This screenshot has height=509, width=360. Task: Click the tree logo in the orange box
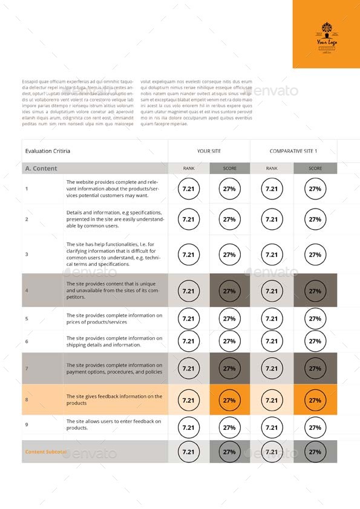pyautogui.click(x=326, y=28)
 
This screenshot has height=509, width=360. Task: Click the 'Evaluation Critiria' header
pyautogui.click(x=48, y=151)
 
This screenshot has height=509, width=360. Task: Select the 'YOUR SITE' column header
pyautogui.click(x=209, y=151)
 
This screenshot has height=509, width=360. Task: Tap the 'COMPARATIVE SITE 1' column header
pyautogui.click(x=293, y=151)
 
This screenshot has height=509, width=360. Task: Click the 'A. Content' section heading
pyautogui.click(x=42, y=169)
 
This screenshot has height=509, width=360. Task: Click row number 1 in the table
pyautogui.click(x=27, y=189)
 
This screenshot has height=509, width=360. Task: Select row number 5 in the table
pyautogui.click(x=27, y=319)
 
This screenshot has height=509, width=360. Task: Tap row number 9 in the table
pyautogui.click(x=27, y=425)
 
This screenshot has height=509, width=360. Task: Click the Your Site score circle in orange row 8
pyautogui.click(x=229, y=400)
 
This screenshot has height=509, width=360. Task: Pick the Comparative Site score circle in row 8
pyautogui.click(x=315, y=400)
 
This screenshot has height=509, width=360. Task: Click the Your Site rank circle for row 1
pyautogui.click(x=188, y=189)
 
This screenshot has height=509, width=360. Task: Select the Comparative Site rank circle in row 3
pyautogui.click(x=272, y=254)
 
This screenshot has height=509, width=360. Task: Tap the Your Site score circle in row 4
pyautogui.click(x=229, y=291)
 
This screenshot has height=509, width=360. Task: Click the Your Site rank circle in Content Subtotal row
pyautogui.click(x=188, y=452)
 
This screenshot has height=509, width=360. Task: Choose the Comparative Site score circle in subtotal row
pyautogui.click(x=315, y=452)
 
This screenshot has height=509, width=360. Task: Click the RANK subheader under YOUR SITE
pyautogui.click(x=188, y=169)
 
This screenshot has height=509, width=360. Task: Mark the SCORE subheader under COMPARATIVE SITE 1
pyautogui.click(x=315, y=169)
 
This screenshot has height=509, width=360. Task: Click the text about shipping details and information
pyautogui.click(x=114, y=342)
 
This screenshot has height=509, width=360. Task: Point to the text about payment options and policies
pyautogui.click(x=114, y=369)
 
